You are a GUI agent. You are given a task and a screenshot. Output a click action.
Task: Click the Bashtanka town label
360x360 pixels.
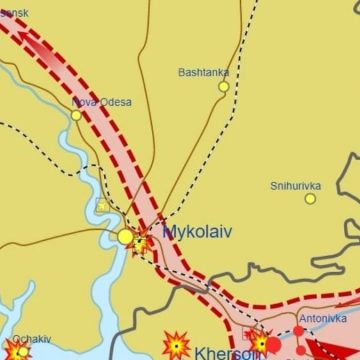point(203,72)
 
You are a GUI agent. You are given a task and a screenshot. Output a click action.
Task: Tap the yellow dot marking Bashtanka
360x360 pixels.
point(224,87)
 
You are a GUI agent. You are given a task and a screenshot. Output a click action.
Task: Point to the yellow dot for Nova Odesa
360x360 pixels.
point(77,115)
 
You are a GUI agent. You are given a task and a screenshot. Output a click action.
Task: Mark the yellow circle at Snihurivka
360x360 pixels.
point(310,199)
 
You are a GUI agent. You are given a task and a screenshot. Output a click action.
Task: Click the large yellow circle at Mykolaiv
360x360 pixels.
point(125,237)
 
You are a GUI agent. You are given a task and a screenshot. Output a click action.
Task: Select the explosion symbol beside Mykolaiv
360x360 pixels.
point(142,238)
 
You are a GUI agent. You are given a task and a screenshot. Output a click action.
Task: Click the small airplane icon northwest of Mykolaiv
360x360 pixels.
point(101,205)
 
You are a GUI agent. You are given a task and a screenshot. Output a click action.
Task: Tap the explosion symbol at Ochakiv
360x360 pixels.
point(18,350)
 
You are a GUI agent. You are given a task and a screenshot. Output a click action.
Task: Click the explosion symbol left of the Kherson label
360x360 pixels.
point(176,346)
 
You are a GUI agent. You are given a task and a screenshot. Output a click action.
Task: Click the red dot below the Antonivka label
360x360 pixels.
point(298,331)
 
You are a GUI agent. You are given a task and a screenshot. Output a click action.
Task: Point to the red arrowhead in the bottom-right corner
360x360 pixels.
point(322,350)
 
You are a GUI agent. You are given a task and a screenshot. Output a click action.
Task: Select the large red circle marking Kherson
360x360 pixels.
point(274,346)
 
